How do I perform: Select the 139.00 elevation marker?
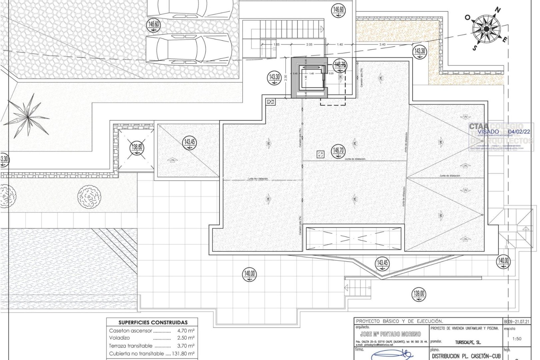[x=419, y=294]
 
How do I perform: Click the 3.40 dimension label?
[x=382, y=44]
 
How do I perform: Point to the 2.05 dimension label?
[x=309, y=44]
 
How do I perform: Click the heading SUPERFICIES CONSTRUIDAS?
[x=153, y=322]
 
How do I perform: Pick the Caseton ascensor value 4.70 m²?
[x=186, y=331]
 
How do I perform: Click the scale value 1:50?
[x=516, y=339]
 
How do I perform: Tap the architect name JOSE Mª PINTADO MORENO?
[x=390, y=334]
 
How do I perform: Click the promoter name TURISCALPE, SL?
[x=468, y=342]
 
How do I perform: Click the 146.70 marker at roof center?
[x=338, y=151]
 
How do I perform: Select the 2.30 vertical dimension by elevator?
[x=286, y=78]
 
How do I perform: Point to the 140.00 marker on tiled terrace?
[x=249, y=274]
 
